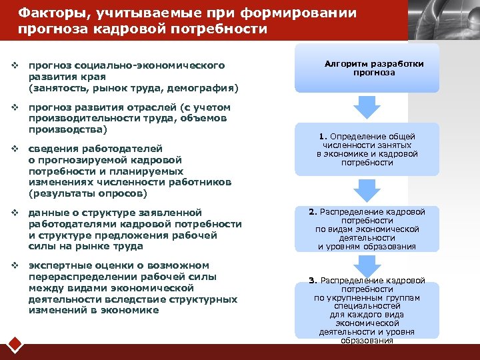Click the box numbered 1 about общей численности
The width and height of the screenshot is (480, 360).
coord(367,149)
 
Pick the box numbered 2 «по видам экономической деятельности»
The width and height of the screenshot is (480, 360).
coord(367,229)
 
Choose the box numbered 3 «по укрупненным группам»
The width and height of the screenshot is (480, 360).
coord(367,310)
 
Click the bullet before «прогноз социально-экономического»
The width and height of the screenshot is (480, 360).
coord(14,65)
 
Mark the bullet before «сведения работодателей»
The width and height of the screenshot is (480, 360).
coord(14,148)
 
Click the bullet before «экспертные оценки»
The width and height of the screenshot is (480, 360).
coord(14,265)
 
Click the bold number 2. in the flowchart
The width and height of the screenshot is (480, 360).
coord(312,212)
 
